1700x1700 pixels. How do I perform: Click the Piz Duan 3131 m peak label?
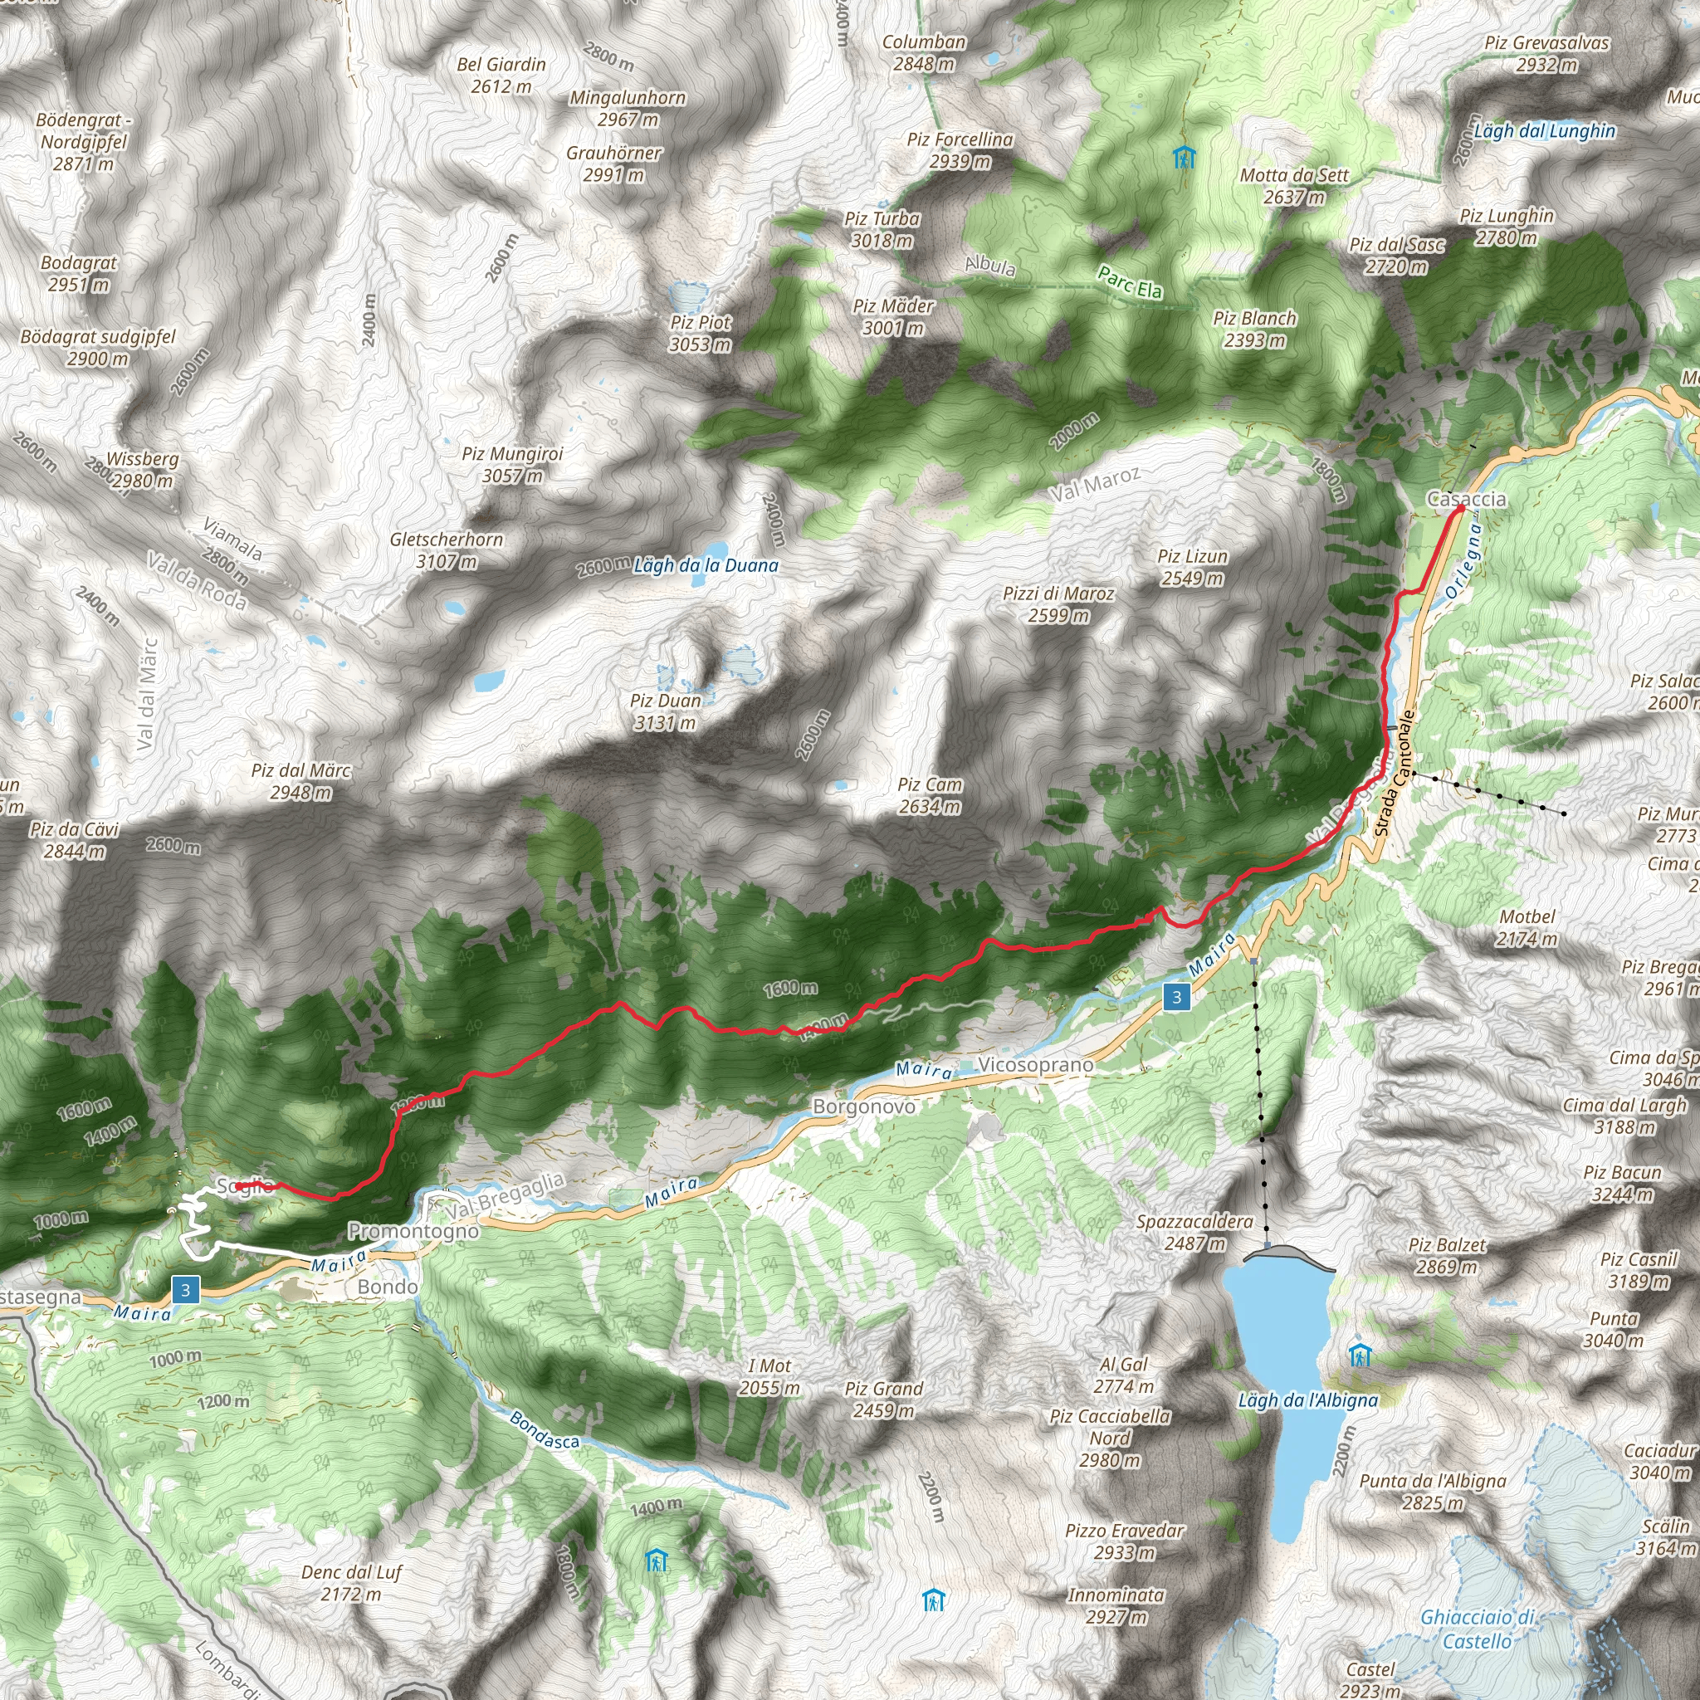point(665,712)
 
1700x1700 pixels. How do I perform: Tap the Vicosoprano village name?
point(1035,1065)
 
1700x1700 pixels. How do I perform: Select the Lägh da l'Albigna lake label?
point(1307,1400)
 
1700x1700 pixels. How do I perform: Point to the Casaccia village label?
point(1466,499)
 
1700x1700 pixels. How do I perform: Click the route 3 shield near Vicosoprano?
point(1176,997)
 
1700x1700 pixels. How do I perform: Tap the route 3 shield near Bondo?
point(185,1290)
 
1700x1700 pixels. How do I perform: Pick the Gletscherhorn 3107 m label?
point(446,550)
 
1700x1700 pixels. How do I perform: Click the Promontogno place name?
point(413,1231)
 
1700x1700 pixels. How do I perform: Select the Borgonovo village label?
point(863,1106)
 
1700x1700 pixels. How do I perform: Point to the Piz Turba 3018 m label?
point(882,230)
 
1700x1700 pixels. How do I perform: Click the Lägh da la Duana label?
point(706,566)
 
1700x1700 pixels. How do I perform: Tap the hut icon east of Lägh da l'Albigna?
point(1360,1355)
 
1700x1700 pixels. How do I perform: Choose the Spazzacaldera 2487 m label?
point(1194,1232)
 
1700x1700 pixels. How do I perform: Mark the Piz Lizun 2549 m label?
point(1192,567)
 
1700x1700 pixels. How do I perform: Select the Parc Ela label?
point(1129,282)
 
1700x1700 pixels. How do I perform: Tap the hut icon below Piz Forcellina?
point(1185,158)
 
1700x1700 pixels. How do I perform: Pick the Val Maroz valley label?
point(1094,484)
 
